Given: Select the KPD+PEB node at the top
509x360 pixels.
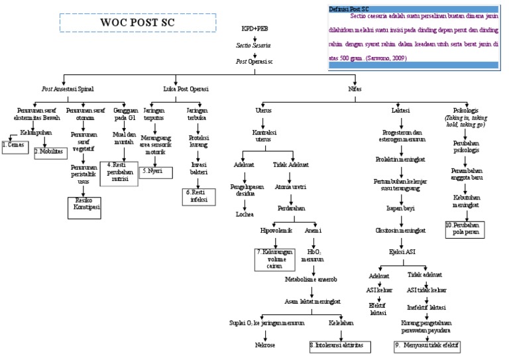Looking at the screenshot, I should click(x=254, y=30).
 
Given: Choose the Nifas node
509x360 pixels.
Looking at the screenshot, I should click(x=355, y=88).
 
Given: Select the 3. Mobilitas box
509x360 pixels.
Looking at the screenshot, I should click(x=50, y=151).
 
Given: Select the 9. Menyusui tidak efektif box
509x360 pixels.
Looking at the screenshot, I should click(x=426, y=346).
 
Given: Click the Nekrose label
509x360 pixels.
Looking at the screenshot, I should click(x=264, y=345).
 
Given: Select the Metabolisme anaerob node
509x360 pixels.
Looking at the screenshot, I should click(x=311, y=279).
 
